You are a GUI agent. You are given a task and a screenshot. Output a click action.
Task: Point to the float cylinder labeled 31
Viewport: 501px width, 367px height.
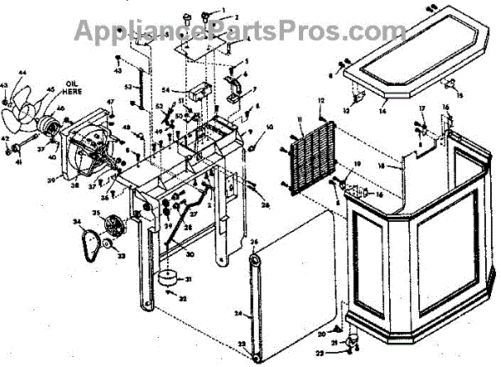point(170,279)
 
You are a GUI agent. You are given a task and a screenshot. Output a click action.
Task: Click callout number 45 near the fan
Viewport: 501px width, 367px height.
point(50,91)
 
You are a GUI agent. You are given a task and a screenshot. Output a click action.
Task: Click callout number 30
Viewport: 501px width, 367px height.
point(190,254)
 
